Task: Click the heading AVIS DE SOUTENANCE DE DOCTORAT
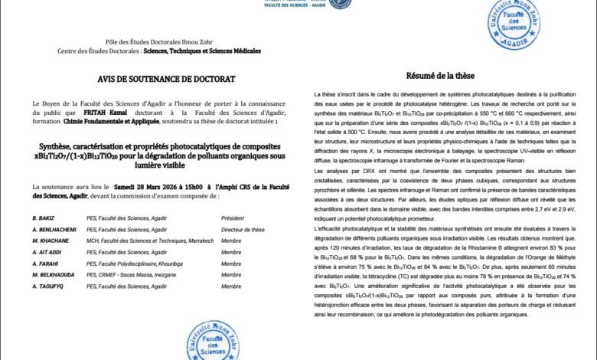coord(155,79)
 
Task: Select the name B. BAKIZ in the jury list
coord(44,218)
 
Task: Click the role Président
coord(234,218)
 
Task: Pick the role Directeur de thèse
coord(243,230)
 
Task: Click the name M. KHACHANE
coord(51,241)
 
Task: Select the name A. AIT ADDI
coord(47,252)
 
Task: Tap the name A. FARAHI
coord(46,263)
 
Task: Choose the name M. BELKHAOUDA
coord(54,274)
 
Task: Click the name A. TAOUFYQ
coord(48,286)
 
